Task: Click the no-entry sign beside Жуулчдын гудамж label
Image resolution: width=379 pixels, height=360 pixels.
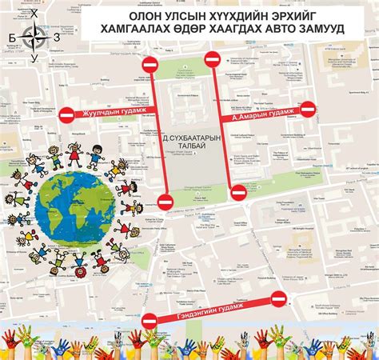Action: (68, 114)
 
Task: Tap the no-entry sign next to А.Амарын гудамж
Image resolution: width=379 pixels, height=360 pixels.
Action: (308, 109)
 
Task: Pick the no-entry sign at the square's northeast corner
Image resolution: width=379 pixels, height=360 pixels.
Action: (212, 58)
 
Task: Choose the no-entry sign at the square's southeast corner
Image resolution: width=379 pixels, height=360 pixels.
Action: (237, 192)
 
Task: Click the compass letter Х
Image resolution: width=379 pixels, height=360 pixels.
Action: (33, 14)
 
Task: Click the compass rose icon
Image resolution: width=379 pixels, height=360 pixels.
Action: (33, 36)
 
